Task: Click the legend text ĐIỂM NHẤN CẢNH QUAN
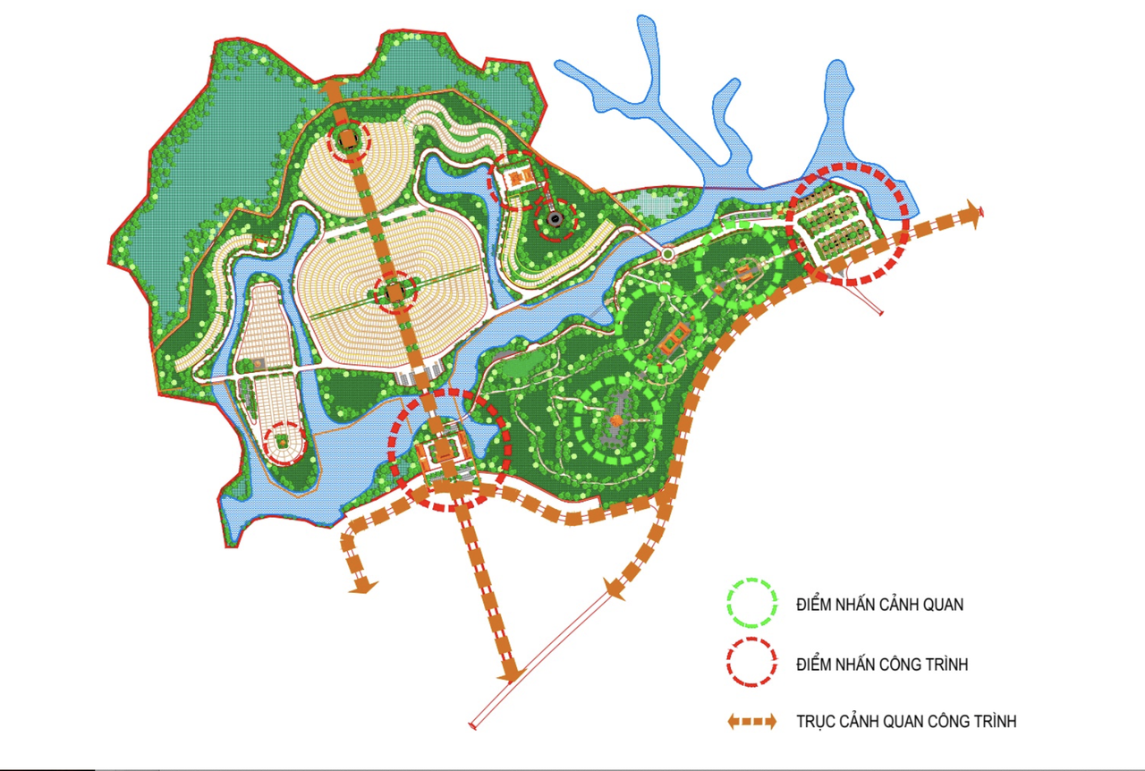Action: pos(880,606)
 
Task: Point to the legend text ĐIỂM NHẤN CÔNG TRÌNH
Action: pos(882,665)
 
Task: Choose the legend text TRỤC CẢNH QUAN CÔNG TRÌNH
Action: pos(906,721)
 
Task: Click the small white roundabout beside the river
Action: pos(666,255)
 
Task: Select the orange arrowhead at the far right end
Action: pos(971,213)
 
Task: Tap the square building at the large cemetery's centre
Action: pos(394,292)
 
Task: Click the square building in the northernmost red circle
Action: pos(347,140)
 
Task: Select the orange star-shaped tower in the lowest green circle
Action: pos(616,419)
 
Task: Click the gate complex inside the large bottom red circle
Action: pos(445,454)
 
